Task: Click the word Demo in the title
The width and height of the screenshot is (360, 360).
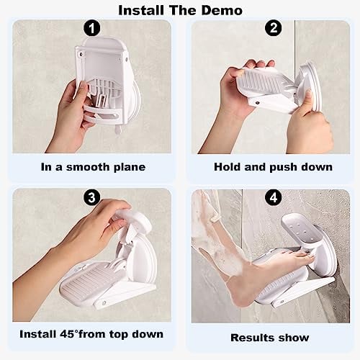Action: pyautogui.click(x=222, y=10)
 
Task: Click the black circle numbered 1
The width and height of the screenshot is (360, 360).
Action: pyautogui.click(x=92, y=29)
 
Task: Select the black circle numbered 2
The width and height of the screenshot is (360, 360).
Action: pyautogui.click(x=274, y=28)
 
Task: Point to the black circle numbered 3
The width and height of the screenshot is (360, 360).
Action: pyautogui.click(x=92, y=198)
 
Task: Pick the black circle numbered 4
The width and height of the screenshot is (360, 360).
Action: pyautogui.click(x=274, y=198)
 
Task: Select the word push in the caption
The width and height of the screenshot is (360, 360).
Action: pyautogui.click(x=284, y=168)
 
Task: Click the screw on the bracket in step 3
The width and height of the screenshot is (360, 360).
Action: pyautogui.click(x=104, y=303)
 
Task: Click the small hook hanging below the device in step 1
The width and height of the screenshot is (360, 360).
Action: pyautogui.click(x=118, y=130)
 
